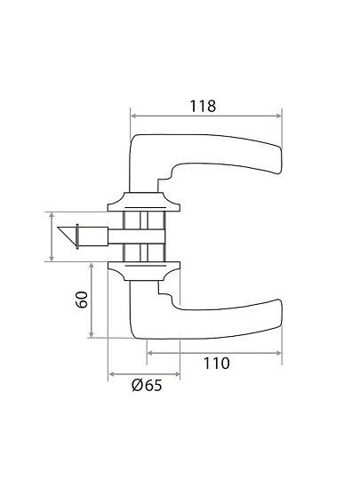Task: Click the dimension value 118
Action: coord(203,106)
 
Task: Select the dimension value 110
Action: coord(216,364)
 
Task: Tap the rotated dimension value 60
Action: coord(82,300)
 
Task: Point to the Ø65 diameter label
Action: coord(147,385)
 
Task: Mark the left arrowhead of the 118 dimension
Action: coord(133,116)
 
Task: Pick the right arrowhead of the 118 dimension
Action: coord(278,116)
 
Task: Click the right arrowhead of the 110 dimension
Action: coord(278,353)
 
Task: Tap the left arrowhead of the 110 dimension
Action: coord(150,353)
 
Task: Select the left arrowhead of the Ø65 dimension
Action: coord(112,374)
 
